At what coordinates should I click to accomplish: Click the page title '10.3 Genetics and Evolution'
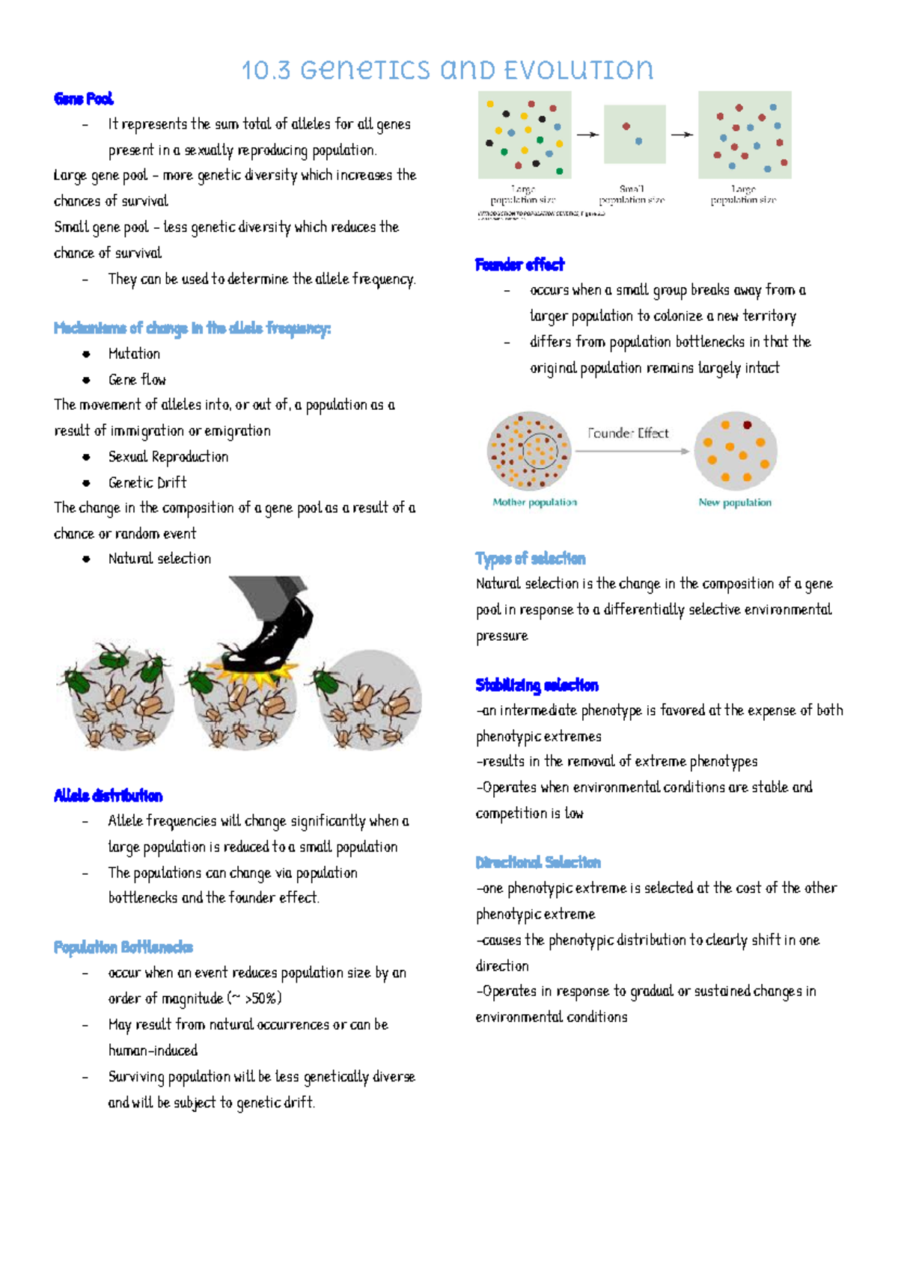[x=448, y=70]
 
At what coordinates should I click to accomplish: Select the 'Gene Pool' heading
[x=84, y=99]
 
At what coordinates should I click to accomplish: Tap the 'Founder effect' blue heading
[x=519, y=265]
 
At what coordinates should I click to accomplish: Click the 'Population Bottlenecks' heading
[x=123, y=947]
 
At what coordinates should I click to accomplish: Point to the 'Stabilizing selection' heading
[x=537, y=685]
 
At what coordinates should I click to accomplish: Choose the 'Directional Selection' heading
[x=538, y=862]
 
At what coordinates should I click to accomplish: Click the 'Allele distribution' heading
[x=108, y=796]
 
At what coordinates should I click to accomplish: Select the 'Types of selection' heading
[x=530, y=559]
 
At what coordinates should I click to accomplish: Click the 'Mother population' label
[x=534, y=503]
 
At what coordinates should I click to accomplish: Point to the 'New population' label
[x=735, y=503]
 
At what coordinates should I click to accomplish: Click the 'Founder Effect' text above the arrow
[x=628, y=433]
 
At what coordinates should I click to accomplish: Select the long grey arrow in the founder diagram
[x=632, y=451]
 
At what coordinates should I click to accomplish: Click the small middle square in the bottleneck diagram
[x=635, y=135]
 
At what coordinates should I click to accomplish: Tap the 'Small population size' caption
[x=632, y=194]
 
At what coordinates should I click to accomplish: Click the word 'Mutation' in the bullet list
[x=134, y=354]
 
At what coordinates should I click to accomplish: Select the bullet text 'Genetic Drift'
[x=147, y=482]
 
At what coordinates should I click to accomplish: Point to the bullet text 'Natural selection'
[x=159, y=559]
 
